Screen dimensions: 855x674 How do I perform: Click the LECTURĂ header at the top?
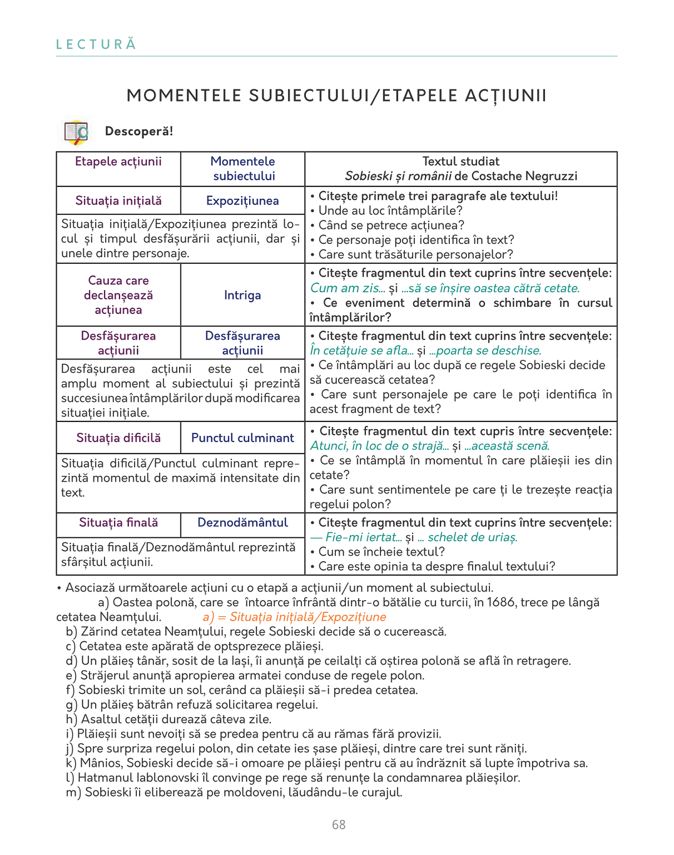tap(96, 45)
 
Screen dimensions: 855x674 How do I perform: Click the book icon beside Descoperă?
tap(76, 132)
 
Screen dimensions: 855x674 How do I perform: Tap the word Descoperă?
tap(139, 131)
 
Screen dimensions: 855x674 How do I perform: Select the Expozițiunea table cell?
tap(242, 201)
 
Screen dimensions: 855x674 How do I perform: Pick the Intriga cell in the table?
tap(242, 295)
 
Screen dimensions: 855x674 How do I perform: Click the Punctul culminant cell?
tap(242, 438)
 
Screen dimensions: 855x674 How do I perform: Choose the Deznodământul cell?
tap(242, 523)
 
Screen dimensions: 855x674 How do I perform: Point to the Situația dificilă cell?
tap(118, 438)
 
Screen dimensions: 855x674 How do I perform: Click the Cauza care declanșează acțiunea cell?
tap(118, 295)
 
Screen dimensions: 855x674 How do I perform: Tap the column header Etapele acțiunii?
tap(118, 161)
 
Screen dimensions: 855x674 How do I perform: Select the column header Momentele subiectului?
tap(243, 169)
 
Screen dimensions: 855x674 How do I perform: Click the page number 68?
tap(339, 825)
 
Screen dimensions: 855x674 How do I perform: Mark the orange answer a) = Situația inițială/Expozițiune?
tap(294, 617)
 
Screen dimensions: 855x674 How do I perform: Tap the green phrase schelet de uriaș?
tap(473, 537)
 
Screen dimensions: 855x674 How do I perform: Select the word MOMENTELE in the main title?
tap(184, 96)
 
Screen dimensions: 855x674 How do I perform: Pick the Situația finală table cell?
tap(118, 523)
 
